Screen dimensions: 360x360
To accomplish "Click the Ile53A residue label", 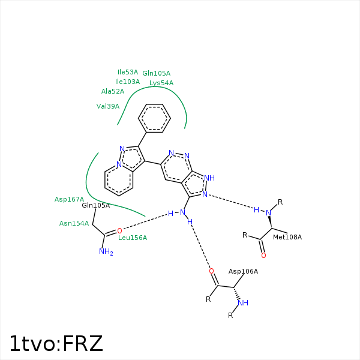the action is coord(128,72).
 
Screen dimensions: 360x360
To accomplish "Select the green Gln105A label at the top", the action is coord(157,73).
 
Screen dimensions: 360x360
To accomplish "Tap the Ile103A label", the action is coord(127,82).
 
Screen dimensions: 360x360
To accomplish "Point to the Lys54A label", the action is coord(161,83).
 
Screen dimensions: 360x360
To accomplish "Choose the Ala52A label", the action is coord(113,91).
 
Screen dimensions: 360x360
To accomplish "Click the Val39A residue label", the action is coord(108,106).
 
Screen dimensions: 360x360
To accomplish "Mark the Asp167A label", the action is coord(69,199).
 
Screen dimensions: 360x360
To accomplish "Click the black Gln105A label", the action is coord(96,205).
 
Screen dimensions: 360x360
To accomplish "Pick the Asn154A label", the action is coord(74,223).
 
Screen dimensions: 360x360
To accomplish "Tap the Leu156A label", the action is coord(133,238).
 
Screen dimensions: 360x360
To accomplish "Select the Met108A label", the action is coord(287,237).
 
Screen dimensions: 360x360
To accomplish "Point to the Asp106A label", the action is coord(243,271).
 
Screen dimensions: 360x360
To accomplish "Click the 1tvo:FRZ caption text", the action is coord(56,343).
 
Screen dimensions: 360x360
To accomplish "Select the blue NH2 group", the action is coord(106,251).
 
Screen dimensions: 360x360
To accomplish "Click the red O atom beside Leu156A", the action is coord(119,231).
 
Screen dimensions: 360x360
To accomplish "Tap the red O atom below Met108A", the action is coord(263,256).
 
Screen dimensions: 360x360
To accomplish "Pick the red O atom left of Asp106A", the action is coord(211,271).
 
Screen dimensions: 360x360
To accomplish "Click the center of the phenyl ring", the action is coord(154,118).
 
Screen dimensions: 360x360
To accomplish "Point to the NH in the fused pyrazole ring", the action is coord(209,178).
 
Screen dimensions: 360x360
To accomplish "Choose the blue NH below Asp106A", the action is coord(243,303).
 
